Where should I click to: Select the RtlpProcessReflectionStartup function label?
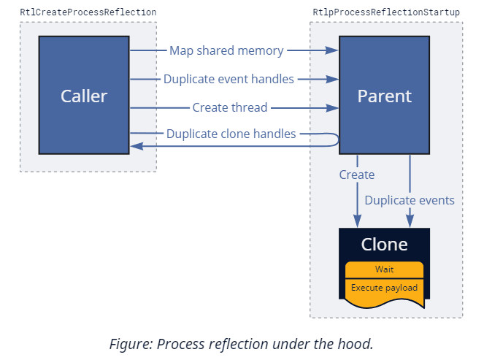385,12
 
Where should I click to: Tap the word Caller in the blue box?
84,96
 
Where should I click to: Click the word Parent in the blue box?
384,96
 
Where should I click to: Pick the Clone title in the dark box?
384,244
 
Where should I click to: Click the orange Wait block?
384,269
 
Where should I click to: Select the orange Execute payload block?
384,287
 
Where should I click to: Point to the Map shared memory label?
227,50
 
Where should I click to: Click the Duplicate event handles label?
228,79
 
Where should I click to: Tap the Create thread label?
230,107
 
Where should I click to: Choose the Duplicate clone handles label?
231,134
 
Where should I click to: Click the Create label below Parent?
357,175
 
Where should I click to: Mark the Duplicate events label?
410,200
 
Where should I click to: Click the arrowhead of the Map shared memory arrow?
334,50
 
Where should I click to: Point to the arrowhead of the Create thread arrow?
334,107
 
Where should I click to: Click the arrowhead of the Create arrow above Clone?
358,221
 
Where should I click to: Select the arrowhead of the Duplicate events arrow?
410,221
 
